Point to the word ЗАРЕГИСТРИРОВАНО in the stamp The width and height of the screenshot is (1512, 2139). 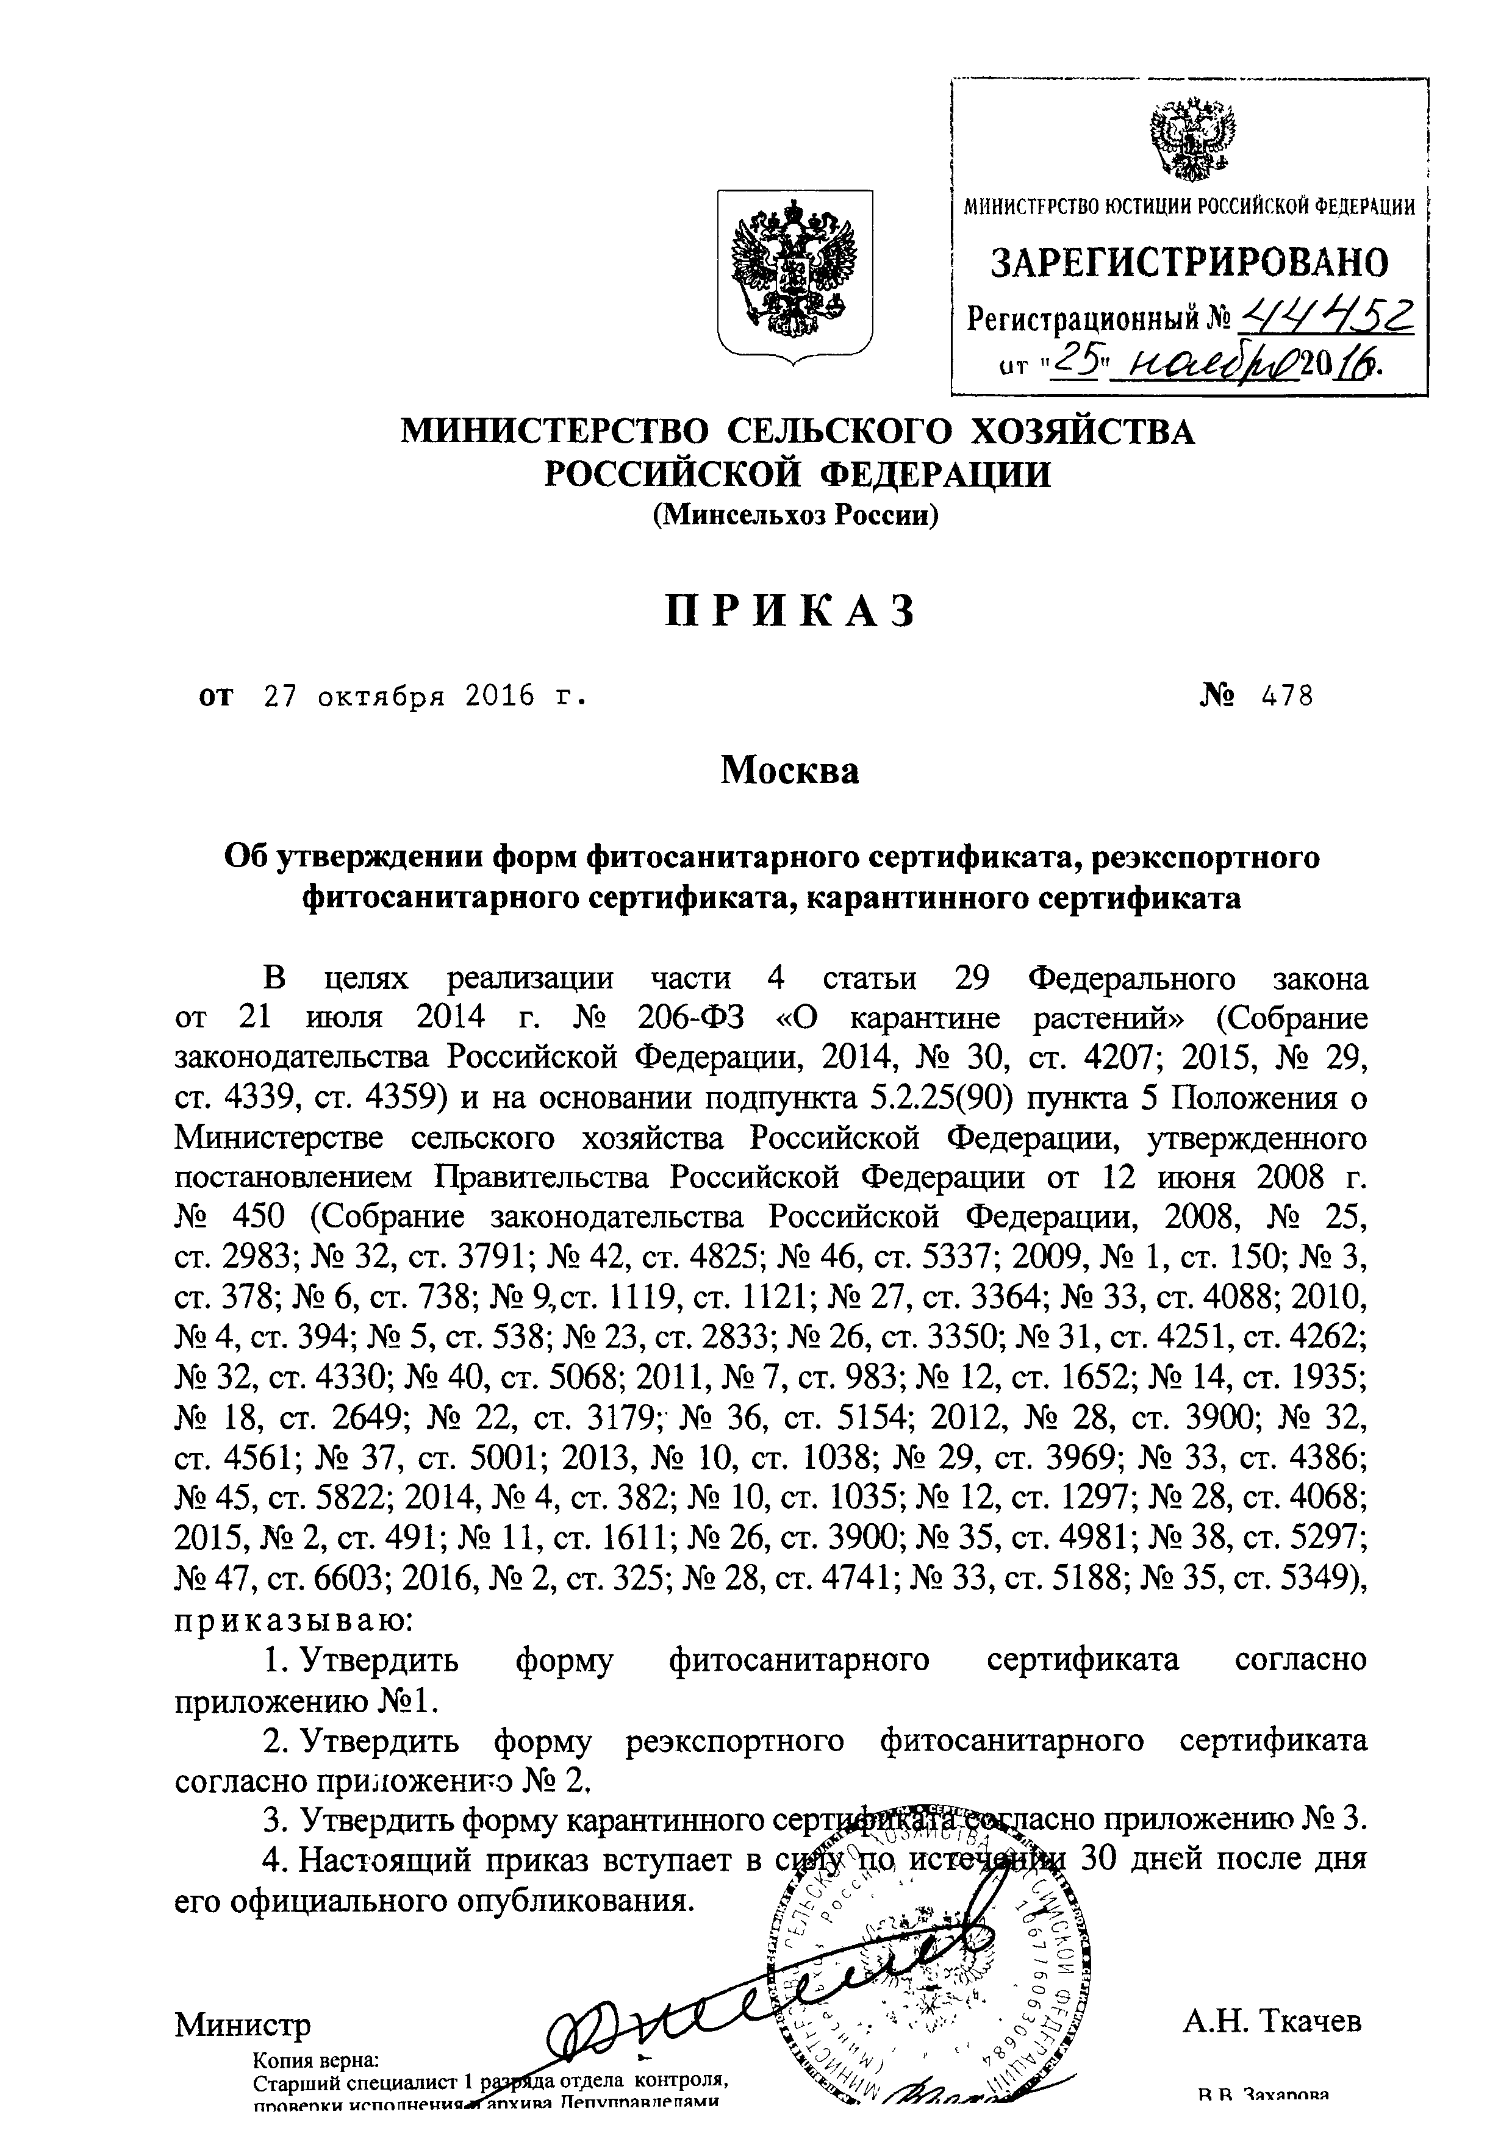pyautogui.click(x=1189, y=265)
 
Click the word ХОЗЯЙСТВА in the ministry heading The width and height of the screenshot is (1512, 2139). pyautogui.click(x=1083, y=432)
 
